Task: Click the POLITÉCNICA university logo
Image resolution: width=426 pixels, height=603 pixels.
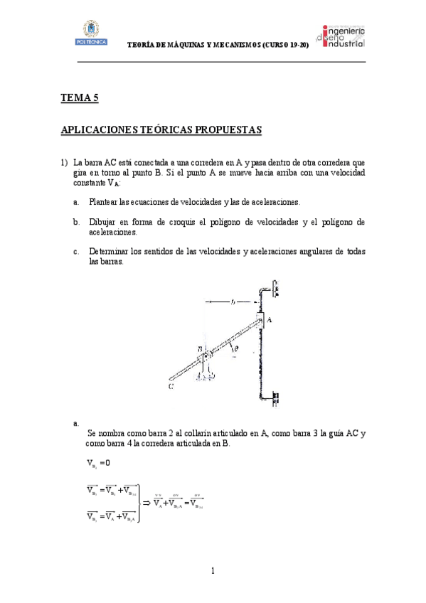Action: (90, 33)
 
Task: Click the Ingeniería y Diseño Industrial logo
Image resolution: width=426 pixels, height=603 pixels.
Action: (344, 36)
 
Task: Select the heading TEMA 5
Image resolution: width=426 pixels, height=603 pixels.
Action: (79, 99)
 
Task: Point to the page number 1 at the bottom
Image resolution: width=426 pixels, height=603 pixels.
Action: (213, 570)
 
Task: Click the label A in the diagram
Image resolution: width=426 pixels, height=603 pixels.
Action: (269, 321)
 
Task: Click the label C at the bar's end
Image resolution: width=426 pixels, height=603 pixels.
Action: (171, 388)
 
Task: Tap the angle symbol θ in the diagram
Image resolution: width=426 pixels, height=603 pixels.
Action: (236, 349)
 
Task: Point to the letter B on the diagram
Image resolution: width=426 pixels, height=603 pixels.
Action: (200, 349)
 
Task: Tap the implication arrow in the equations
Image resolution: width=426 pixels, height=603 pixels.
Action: (147, 503)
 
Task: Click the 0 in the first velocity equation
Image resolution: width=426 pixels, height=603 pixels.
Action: (106, 464)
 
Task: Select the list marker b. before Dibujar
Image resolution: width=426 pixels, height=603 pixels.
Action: (75, 223)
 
